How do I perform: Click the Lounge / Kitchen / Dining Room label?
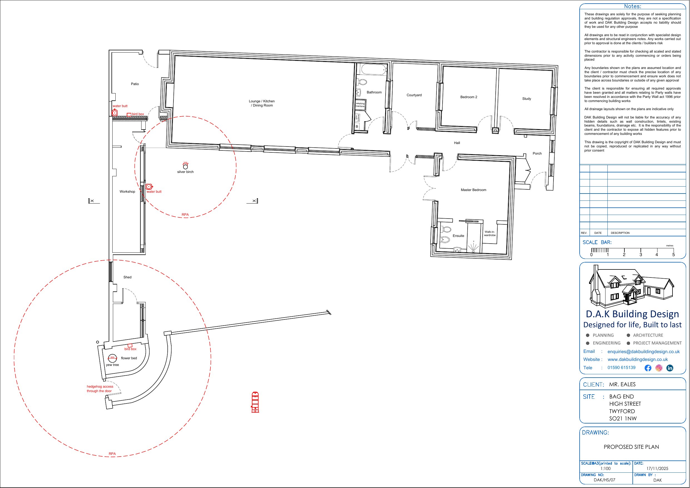(262, 103)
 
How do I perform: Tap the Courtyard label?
(414, 95)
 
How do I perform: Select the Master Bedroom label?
(473, 190)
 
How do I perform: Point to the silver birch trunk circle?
(185, 167)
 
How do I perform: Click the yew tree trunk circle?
(112, 358)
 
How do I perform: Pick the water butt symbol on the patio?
(115, 113)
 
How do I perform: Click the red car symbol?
(255, 402)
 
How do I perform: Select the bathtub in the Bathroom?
(374, 70)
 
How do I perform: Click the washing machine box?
(360, 105)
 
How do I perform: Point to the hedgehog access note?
(100, 389)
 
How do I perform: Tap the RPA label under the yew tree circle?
(112, 454)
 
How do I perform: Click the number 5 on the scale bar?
(674, 255)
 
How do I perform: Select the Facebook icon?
(648, 368)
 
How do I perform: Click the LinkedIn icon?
(670, 368)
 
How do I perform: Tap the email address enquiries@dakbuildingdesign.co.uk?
(643, 351)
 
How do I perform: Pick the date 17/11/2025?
(657, 469)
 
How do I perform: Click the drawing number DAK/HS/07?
(604, 480)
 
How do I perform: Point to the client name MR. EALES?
(622, 384)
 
